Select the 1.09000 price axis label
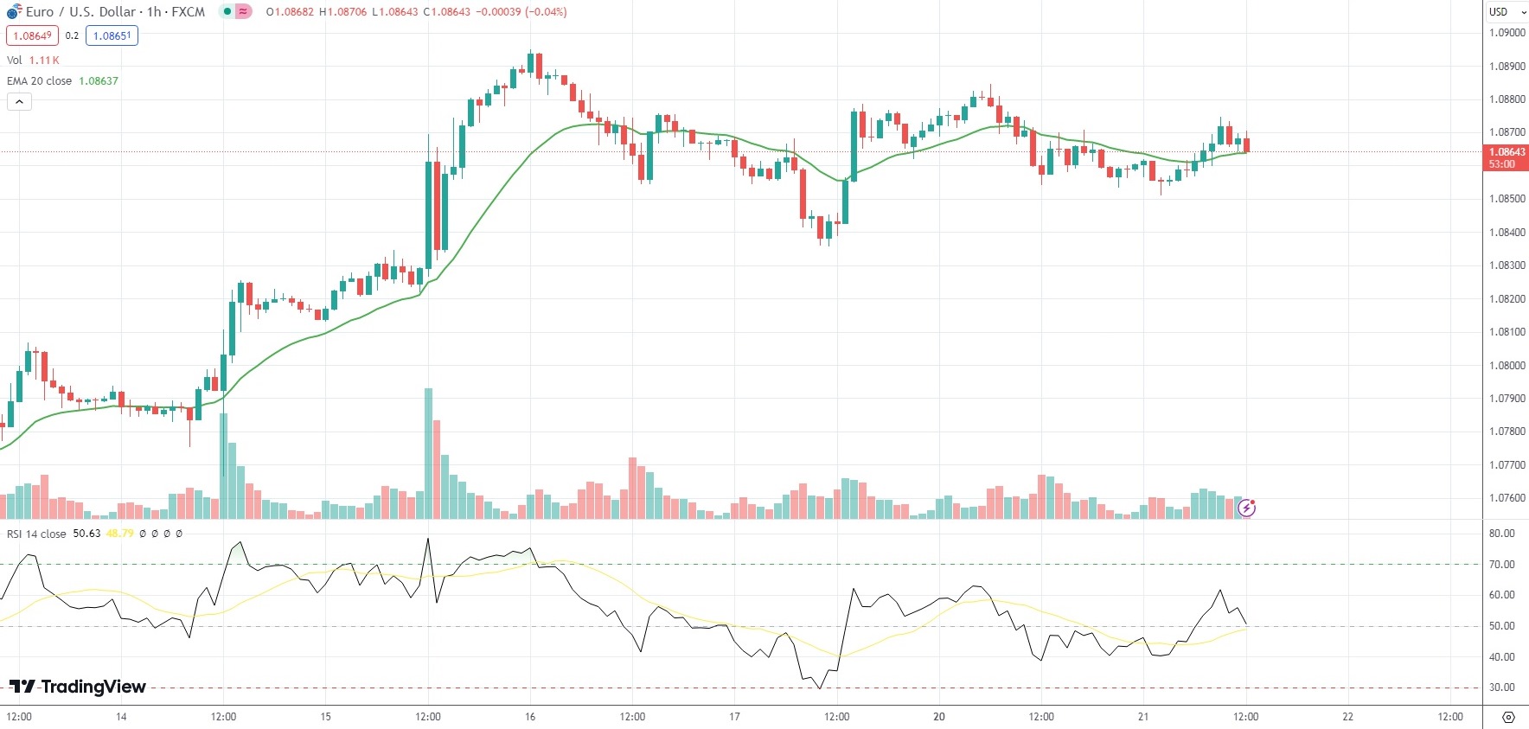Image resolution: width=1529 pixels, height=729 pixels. [1507, 33]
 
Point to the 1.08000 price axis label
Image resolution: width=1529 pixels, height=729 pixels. [1507, 365]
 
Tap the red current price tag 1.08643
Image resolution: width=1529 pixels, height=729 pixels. [1507, 152]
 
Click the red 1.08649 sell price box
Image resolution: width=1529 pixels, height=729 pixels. [32, 35]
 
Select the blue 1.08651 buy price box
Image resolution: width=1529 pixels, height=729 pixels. [112, 35]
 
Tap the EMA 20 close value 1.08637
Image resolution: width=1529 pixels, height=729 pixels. [99, 80]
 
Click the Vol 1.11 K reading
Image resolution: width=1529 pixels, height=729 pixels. [43, 60]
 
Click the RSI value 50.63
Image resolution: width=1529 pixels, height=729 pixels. [86, 534]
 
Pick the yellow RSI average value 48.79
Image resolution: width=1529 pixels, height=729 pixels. [119, 534]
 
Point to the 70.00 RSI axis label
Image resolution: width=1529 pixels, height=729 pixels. [1501, 565]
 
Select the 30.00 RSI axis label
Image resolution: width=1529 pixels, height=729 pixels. [1501, 687]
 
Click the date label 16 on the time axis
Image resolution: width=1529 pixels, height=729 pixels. [530, 716]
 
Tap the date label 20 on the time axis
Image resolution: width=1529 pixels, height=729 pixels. [939, 716]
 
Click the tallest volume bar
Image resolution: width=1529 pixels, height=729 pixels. [428, 454]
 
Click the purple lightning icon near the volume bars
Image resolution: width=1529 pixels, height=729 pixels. [1246, 508]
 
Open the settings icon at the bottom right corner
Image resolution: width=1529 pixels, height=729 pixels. [1508, 717]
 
